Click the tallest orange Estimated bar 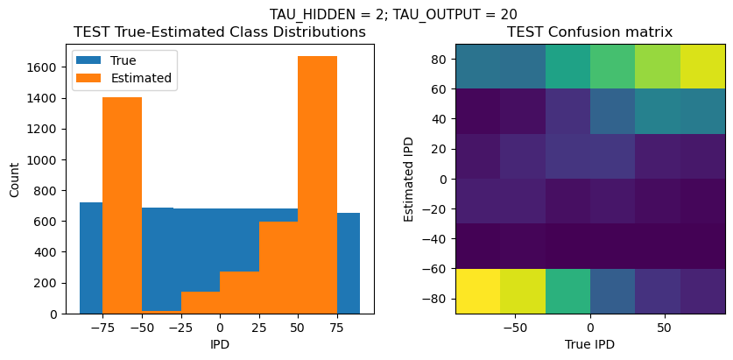click(x=317, y=184)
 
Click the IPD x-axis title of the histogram click(x=220, y=344)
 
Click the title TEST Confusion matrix click(x=590, y=32)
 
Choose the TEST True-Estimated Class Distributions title click(x=220, y=32)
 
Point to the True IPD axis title click(x=590, y=344)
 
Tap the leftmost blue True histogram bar click(x=91, y=258)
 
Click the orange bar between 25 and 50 click(x=278, y=267)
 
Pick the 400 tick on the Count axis click(x=48, y=251)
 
